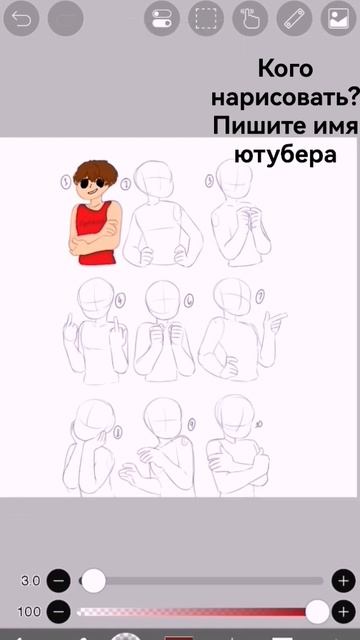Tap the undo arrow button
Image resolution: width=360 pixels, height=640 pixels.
click(22, 18)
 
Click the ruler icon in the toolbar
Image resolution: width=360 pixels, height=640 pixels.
click(293, 18)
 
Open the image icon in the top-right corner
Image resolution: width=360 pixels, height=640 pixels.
click(337, 18)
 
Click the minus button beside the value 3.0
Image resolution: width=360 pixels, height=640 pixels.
click(59, 580)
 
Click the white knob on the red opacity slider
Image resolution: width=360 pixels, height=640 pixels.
click(317, 611)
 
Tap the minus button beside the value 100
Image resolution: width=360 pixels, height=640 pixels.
click(59, 611)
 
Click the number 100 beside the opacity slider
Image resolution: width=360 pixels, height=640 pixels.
click(29, 611)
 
